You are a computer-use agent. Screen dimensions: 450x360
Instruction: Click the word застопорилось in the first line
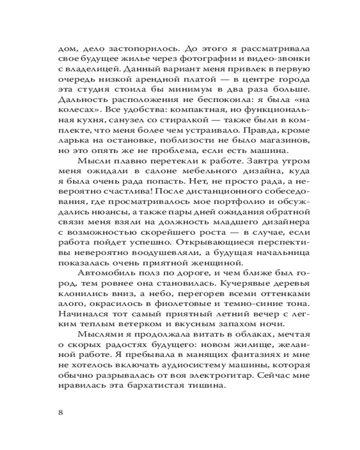pos(136,48)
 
